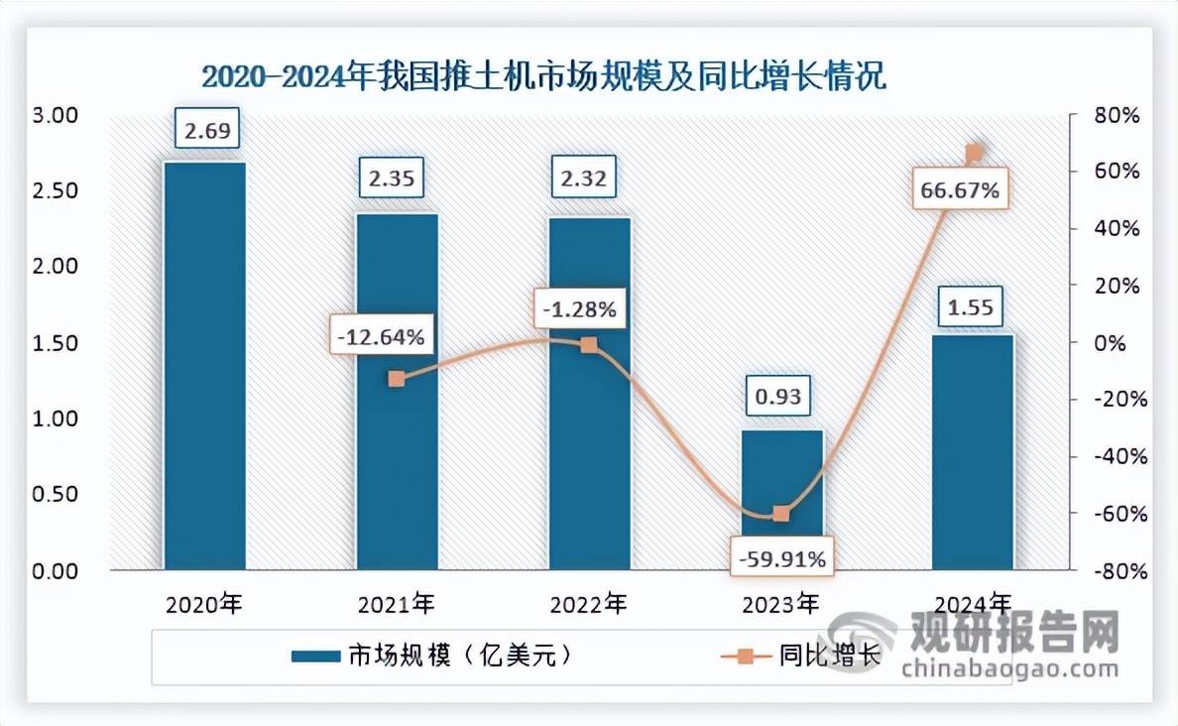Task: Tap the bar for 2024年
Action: pyautogui.click(x=974, y=452)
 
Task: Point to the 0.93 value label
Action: pyautogui.click(x=781, y=398)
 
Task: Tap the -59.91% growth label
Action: pyautogui.click(x=781, y=558)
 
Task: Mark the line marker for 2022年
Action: pyautogui.click(x=589, y=345)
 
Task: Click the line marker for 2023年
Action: pyautogui.click(x=781, y=514)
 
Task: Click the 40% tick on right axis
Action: pyautogui.click(x=1116, y=229)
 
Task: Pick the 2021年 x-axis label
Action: pyautogui.click(x=397, y=603)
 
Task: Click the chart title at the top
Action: pyautogui.click(x=543, y=76)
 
